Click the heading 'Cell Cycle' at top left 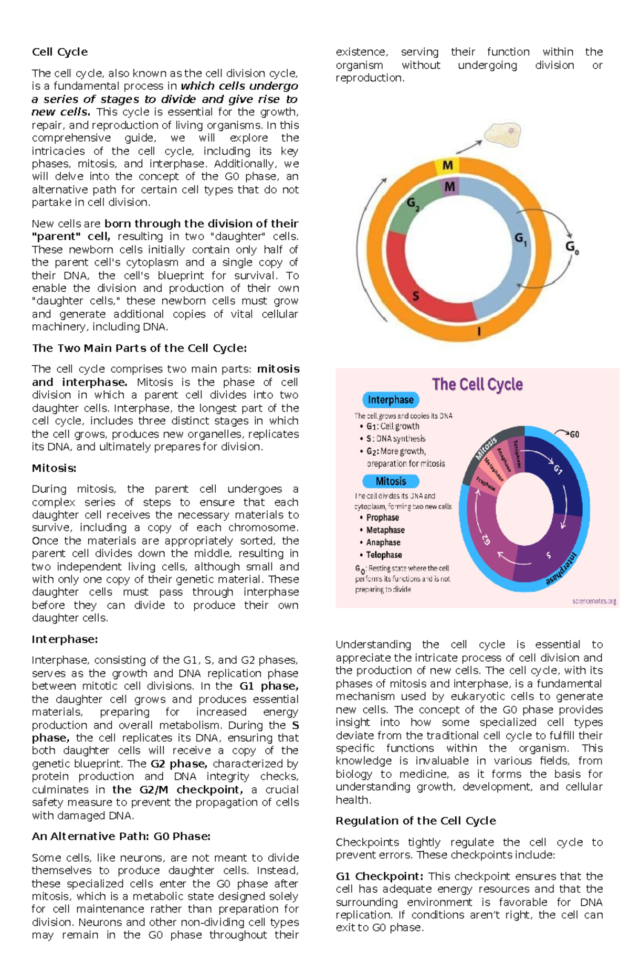(59, 52)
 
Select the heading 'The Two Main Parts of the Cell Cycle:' (139, 348)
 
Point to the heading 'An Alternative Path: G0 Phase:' (121, 836)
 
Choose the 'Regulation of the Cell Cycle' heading (415, 821)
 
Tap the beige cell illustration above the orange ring (502, 135)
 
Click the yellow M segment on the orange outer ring (447, 166)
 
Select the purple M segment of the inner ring (449, 187)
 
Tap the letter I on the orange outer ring (479, 331)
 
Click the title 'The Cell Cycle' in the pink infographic (477, 384)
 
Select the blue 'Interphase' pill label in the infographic (391, 400)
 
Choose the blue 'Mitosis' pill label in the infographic (391, 481)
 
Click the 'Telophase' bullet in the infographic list (384, 555)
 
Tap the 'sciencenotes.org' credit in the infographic (594, 601)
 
